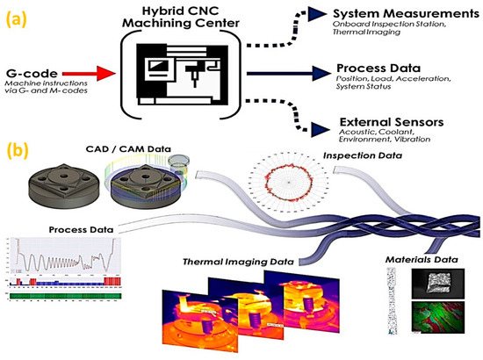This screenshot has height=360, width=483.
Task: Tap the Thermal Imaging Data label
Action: pyautogui.click(x=240, y=262)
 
